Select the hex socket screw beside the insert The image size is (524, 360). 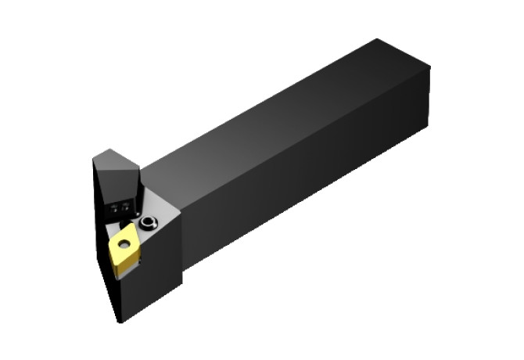tap(148, 225)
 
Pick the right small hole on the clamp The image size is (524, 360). tap(126, 207)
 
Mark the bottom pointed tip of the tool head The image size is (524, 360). tap(119, 320)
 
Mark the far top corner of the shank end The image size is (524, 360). tap(379, 40)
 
